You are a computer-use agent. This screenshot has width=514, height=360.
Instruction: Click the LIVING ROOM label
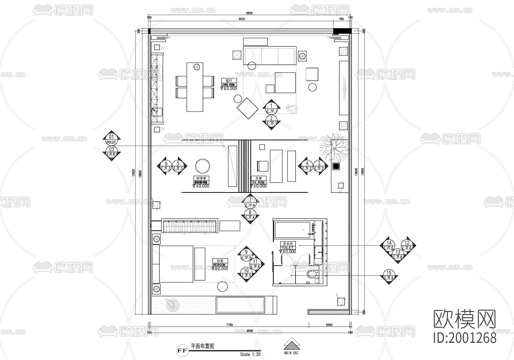click(x=229, y=85)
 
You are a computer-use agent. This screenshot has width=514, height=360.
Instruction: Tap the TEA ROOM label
click(x=258, y=182)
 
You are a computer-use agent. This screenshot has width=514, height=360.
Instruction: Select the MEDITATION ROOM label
click(x=201, y=182)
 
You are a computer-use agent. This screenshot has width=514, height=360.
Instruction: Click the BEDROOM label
click(x=220, y=265)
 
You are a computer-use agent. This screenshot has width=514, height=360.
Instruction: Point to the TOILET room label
click(x=288, y=248)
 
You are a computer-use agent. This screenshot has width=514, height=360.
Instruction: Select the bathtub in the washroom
click(x=292, y=230)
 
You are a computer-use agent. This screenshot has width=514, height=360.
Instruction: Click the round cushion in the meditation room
click(x=202, y=166)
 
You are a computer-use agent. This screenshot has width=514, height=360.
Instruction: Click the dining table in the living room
click(x=195, y=87)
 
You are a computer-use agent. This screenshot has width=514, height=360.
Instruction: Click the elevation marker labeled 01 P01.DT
click(x=111, y=139)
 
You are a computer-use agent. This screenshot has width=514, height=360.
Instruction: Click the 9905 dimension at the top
click(x=249, y=13)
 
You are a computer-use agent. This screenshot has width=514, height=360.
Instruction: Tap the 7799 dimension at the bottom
click(x=229, y=325)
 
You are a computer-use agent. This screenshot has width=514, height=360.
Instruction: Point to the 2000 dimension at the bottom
click(x=329, y=325)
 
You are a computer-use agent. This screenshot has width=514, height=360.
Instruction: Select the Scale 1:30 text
click(x=250, y=354)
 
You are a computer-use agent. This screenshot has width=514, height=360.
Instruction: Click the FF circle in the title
click(x=183, y=350)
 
